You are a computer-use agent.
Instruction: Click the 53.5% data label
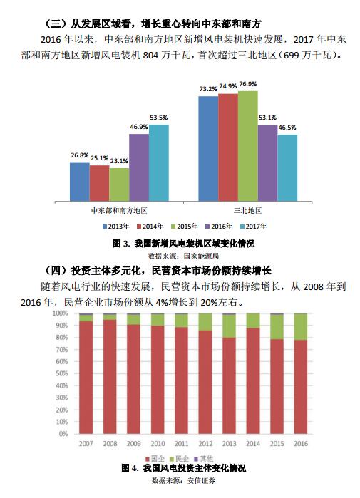[x=158, y=118]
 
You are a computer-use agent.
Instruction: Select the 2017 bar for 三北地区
[x=287, y=167]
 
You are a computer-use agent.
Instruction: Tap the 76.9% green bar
[x=248, y=146]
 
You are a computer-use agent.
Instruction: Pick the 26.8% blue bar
[x=80, y=182]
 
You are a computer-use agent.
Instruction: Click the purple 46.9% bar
[x=139, y=167]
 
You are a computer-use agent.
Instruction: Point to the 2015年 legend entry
[x=185, y=227]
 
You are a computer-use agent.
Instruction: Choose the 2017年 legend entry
[x=253, y=227]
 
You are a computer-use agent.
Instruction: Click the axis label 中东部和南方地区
[x=119, y=211]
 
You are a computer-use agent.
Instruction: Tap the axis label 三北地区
[x=248, y=211]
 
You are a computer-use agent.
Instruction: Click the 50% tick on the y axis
[x=62, y=373]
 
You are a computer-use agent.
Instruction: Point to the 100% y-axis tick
[x=61, y=313]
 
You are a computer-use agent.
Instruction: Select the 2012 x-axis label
[x=205, y=443]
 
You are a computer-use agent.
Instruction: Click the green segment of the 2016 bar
[x=301, y=327]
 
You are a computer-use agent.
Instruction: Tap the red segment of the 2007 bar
[x=86, y=378]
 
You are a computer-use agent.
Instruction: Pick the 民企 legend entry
[x=180, y=459]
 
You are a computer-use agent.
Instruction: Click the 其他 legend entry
[x=204, y=459]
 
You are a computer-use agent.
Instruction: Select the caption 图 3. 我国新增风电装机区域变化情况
[x=184, y=244]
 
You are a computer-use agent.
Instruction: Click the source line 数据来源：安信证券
[x=184, y=480]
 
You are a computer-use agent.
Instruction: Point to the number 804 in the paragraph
[x=150, y=56]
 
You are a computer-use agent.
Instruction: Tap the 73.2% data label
[x=208, y=89]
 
